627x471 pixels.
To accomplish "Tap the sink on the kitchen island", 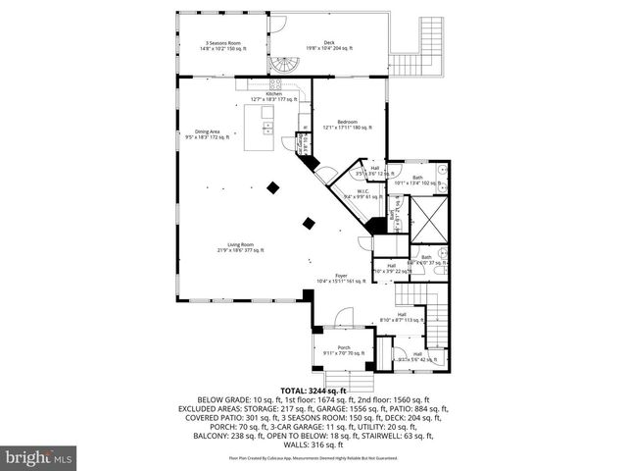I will point(266,126).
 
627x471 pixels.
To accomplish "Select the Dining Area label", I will point(208,133).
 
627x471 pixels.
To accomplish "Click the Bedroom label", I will point(348,125).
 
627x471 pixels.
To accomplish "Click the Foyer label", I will point(340,278).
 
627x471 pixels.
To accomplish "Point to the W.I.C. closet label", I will point(362,193).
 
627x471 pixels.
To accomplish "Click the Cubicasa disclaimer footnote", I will point(313,458).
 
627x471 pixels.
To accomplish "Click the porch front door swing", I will point(342,316).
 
